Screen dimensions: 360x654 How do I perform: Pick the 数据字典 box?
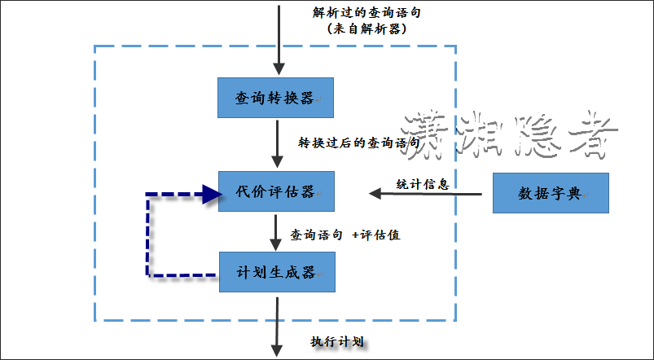coord(551,193)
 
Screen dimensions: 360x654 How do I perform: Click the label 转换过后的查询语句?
coord(358,142)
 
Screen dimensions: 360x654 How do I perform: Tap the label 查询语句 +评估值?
coord(345,235)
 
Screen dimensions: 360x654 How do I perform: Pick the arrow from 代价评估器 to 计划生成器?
coord(278,232)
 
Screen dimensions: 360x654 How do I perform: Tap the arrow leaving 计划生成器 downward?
coord(278,326)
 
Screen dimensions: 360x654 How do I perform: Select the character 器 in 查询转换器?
coord(306,99)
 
